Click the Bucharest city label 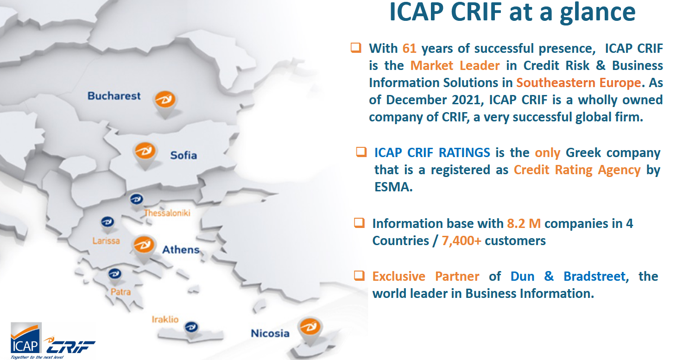coord(114,96)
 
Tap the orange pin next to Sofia coord(145,154)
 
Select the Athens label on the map coord(181,250)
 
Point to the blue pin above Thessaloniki coord(136,201)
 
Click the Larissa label coord(106,241)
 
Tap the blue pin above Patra coord(114,276)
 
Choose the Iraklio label coord(165,319)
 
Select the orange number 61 coord(409,49)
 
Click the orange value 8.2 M coord(524,224)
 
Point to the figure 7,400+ coord(462,241)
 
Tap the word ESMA coord(393,187)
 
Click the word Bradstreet coord(594,277)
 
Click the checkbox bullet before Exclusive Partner coord(359,276)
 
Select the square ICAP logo coord(26,338)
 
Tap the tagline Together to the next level coord(37,357)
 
